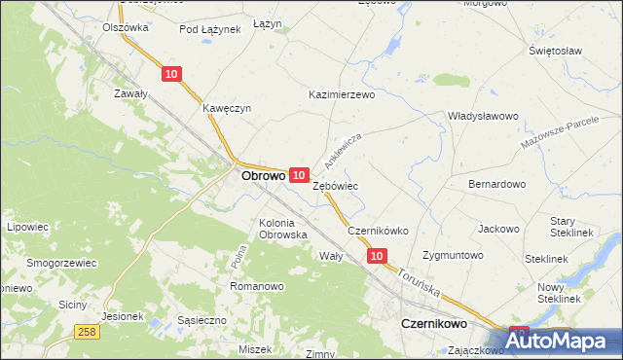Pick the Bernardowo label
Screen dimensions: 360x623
pyautogui.click(x=496, y=183)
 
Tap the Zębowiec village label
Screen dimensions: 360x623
pyautogui.click(x=336, y=185)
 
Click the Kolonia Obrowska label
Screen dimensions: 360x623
pyautogui.click(x=283, y=229)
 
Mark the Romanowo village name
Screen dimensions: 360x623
pyautogui.click(x=256, y=286)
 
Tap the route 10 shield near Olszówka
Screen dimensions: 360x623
pyautogui.click(x=171, y=74)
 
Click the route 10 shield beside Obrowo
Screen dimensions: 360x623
pyautogui.click(x=300, y=173)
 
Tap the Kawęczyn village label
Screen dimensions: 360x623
pyautogui.click(x=227, y=108)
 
